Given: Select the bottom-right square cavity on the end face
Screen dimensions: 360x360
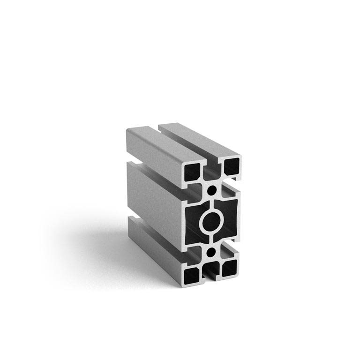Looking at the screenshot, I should pyautogui.click(x=230, y=268).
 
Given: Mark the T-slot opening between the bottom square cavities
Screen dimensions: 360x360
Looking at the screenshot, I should pyautogui.click(x=211, y=270).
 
